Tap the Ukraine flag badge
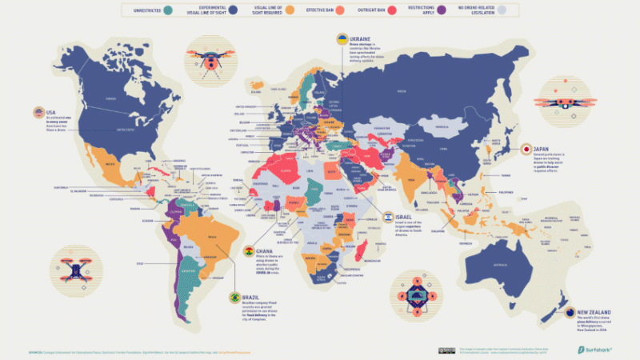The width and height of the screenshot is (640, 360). (x=342, y=38)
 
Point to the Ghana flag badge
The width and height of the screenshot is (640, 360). (x=249, y=250)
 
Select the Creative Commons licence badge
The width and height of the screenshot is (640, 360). (x=442, y=350)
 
